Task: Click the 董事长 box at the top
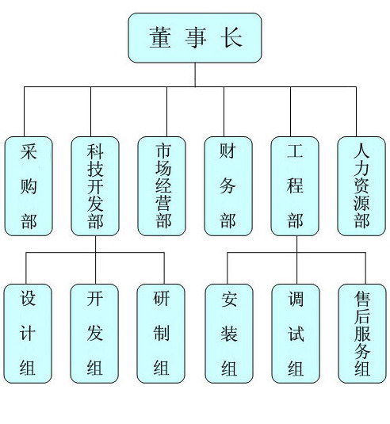pos(195,37)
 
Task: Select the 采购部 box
pos(29,186)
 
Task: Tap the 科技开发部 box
pos(95,186)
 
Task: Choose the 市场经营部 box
pos(162,186)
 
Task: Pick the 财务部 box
pos(228,186)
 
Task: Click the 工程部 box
pos(295,186)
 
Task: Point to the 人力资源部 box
pos(361,186)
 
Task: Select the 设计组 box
pos(28,334)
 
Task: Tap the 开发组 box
pos(94,334)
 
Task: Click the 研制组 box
pos(161,334)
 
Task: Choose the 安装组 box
pos(229,334)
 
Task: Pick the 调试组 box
pos(296,334)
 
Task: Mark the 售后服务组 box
pos(362,334)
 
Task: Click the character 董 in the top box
pos(160,37)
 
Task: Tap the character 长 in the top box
pos(231,37)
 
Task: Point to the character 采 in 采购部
pos(29,151)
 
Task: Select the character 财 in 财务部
pos(227,151)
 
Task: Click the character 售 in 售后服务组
pos(362,298)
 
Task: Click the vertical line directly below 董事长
pos(195,74)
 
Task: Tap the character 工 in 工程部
pos(295,151)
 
